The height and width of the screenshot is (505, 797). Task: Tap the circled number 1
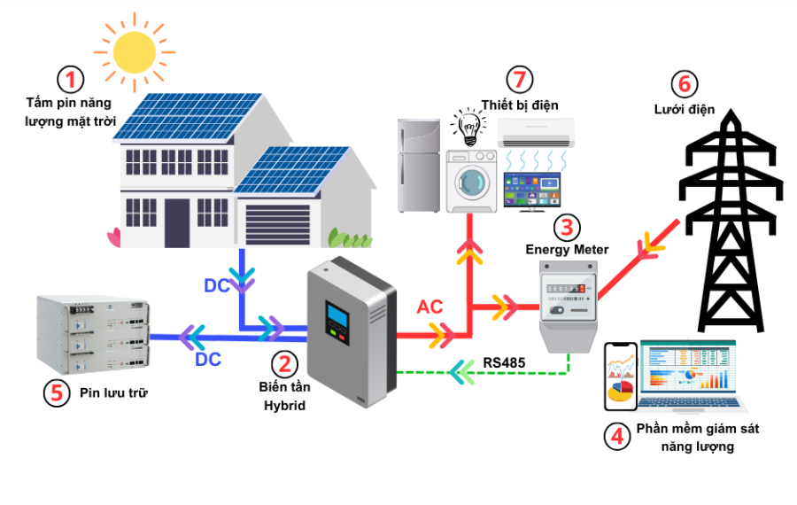pyautogui.click(x=71, y=80)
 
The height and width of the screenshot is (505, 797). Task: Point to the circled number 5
pyautogui.click(x=56, y=392)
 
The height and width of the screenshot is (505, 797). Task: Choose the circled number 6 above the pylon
pyautogui.click(x=682, y=84)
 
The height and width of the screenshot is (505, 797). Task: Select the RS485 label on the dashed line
pyautogui.click(x=505, y=362)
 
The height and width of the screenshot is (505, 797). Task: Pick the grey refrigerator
pyautogui.click(x=418, y=166)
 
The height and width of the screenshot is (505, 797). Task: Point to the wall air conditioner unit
pyautogui.click(x=536, y=133)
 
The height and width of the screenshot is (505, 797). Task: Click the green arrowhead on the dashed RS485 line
pyautogui.click(x=460, y=373)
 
